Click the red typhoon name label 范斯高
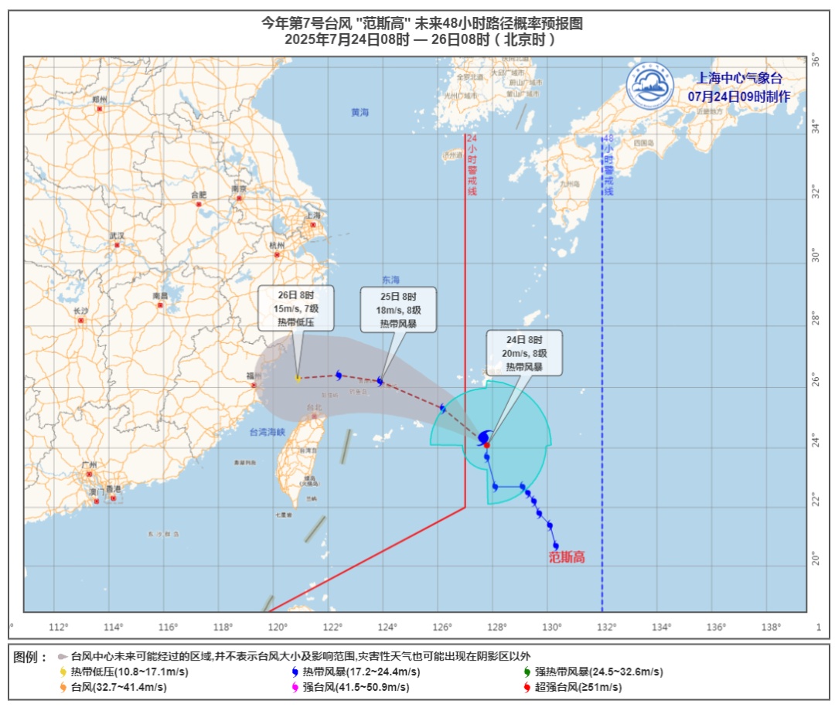567,557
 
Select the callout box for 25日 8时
398,310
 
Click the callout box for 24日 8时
524,353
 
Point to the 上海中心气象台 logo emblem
650,85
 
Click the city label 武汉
117,235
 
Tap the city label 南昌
160,296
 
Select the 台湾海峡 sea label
268,433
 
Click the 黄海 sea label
360,112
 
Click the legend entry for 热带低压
128,671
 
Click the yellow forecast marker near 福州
298,378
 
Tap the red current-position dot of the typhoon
487,445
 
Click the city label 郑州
99,100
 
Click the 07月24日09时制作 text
739,97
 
